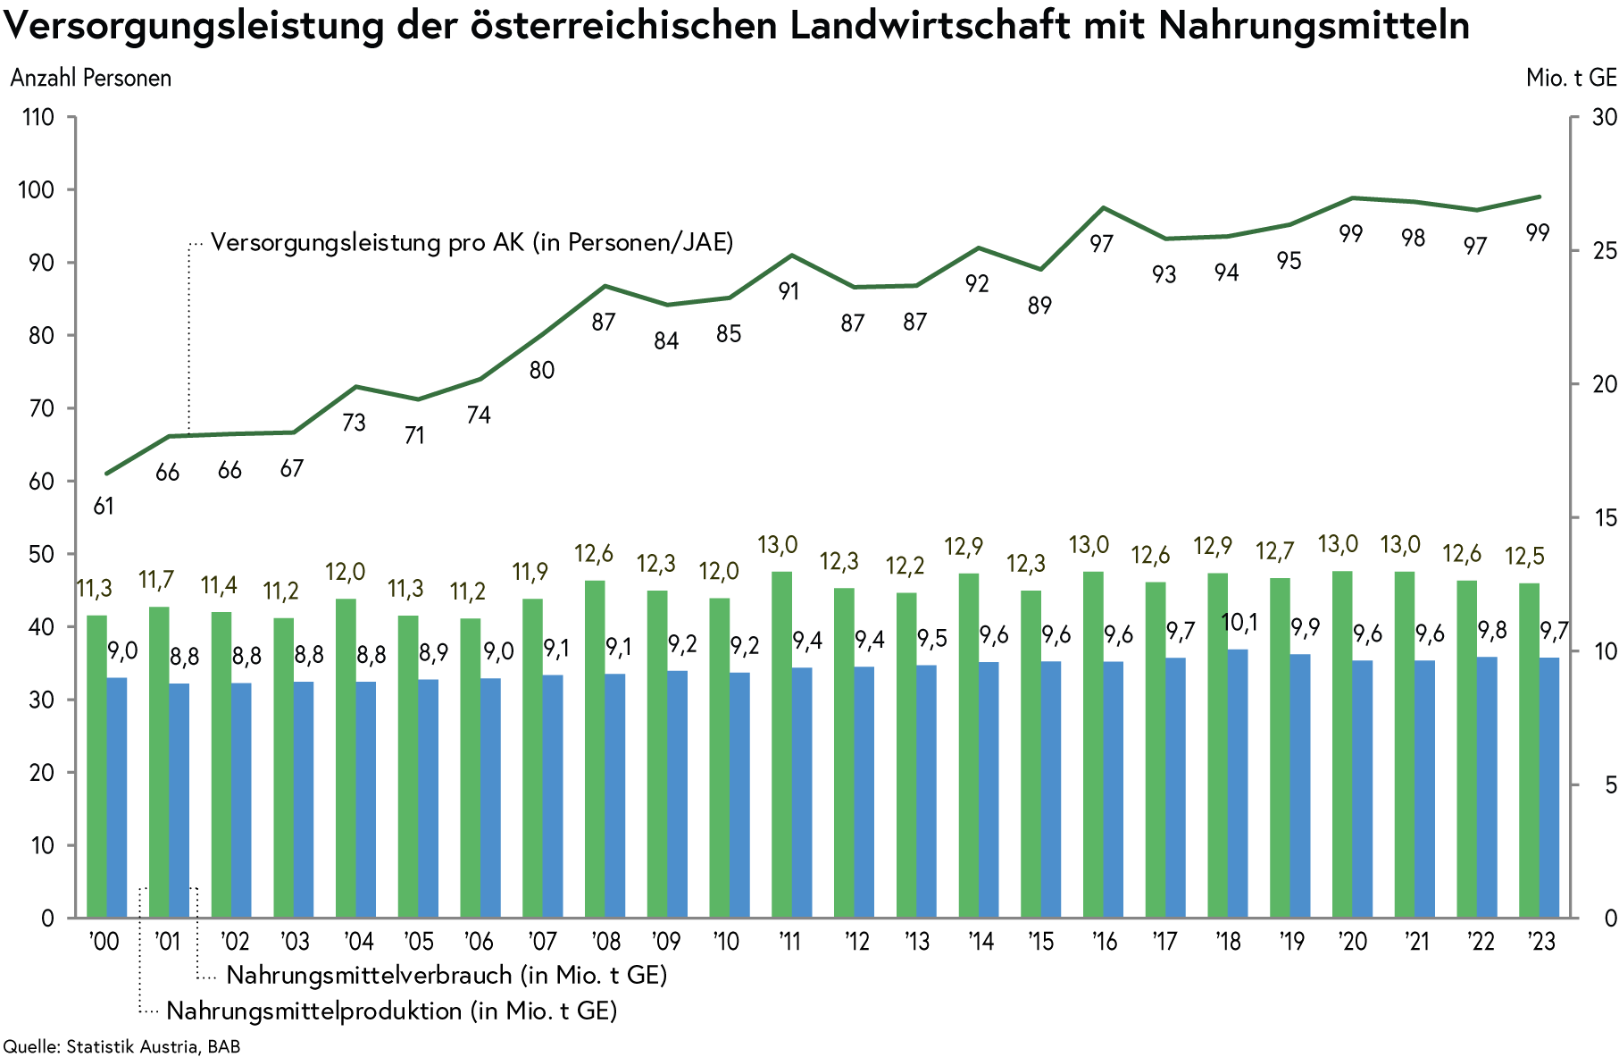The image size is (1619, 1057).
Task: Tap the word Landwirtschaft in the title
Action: (930, 25)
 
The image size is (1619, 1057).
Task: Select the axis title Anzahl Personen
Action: (91, 78)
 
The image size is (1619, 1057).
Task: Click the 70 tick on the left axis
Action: (42, 409)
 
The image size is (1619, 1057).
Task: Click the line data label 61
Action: (104, 507)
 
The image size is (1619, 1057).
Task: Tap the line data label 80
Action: (542, 370)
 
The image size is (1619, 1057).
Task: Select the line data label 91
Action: (789, 292)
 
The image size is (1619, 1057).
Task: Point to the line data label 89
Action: (1039, 306)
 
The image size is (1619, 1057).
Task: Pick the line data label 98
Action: (1413, 238)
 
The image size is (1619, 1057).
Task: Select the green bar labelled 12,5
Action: (1529, 751)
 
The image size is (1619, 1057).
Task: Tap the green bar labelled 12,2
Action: (906, 755)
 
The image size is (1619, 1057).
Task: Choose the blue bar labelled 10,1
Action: (1238, 783)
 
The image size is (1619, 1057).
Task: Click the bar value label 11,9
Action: (530, 572)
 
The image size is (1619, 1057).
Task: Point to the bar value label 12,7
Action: (1274, 551)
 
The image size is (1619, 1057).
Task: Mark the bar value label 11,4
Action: (219, 585)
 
